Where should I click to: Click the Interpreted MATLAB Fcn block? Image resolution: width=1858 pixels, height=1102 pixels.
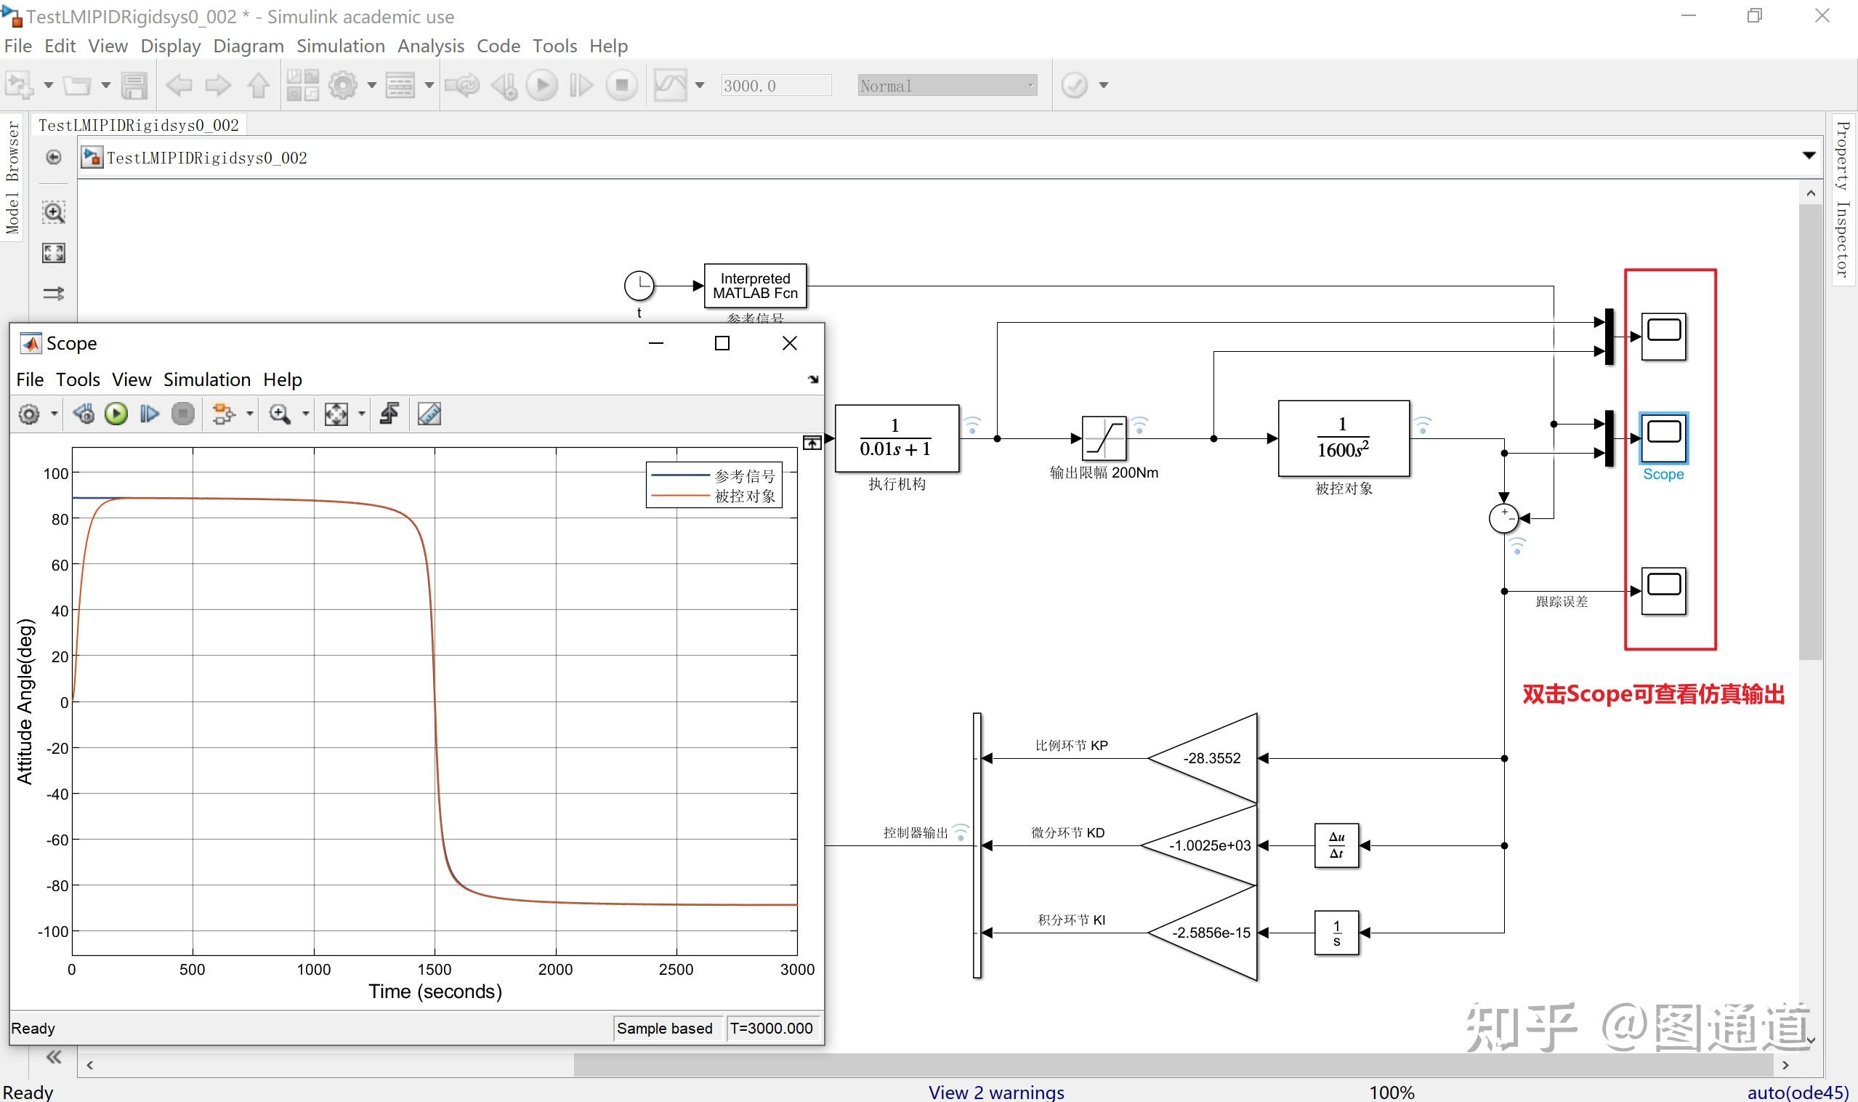[x=755, y=286]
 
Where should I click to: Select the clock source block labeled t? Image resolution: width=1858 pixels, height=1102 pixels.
[x=639, y=285]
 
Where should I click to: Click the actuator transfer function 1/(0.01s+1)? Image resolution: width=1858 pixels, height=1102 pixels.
[x=897, y=438]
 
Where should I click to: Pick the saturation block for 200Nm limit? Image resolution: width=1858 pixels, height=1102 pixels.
[x=1104, y=438]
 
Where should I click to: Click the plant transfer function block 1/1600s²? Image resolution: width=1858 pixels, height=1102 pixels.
[x=1344, y=438]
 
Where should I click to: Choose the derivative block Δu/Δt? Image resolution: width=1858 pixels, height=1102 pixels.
[x=1336, y=845]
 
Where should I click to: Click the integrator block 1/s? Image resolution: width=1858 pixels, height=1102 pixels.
[x=1336, y=933]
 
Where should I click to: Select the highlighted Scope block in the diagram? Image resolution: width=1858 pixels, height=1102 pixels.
[x=1663, y=438]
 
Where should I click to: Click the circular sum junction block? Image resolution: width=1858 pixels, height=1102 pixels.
[x=1504, y=518]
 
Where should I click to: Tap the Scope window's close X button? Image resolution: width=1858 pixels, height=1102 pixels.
[x=790, y=343]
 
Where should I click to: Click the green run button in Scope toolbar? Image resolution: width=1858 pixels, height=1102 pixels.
[x=116, y=414]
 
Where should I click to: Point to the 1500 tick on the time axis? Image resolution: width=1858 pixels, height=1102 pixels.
[x=435, y=969]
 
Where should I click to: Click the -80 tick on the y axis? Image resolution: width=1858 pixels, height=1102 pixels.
[x=58, y=885]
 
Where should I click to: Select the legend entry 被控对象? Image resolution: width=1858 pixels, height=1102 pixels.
[x=746, y=496]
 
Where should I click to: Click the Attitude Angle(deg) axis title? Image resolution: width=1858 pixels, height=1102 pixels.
[x=25, y=701]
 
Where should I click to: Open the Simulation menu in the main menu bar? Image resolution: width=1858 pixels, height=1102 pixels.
[x=341, y=46]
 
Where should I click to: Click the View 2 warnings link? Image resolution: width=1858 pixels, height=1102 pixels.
[x=996, y=1092]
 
